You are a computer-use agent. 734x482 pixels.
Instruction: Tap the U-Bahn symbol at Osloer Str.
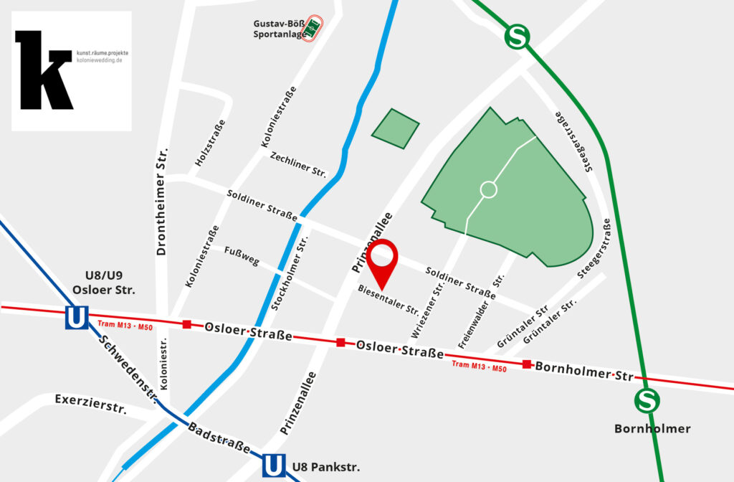[76, 317]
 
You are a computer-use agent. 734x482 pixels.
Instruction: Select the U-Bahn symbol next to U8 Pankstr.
[273, 466]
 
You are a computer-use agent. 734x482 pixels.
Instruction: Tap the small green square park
[394, 129]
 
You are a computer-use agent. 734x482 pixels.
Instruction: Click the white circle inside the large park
[488, 190]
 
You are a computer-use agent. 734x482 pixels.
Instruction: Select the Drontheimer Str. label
[162, 202]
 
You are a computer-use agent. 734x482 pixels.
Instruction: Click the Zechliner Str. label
[297, 165]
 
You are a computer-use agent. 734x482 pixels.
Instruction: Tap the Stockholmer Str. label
[289, 273]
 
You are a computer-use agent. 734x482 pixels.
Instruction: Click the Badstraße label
[219, 438]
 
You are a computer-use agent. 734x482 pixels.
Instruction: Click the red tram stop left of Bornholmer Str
[527, 364]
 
